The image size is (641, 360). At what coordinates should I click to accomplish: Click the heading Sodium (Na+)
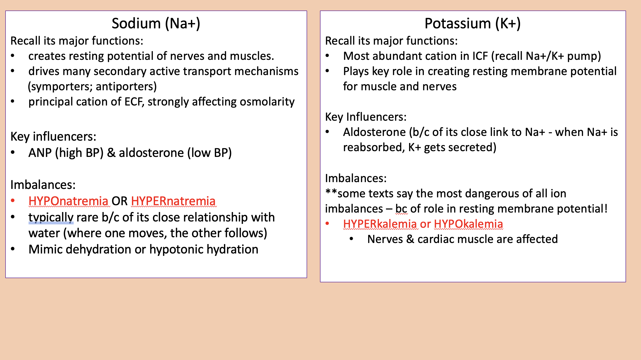[156, 23]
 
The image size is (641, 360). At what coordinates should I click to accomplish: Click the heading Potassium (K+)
[472, 23]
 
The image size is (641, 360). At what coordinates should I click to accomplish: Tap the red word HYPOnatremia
[68, 201]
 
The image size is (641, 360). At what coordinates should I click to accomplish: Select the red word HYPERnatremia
[173, 201]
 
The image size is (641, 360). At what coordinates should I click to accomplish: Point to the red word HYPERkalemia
[380, 224]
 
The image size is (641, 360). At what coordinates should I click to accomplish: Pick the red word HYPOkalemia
[468, 224]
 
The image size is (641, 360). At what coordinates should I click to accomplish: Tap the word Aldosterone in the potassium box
[374, 132]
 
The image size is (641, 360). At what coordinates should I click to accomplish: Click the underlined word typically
[51, 218]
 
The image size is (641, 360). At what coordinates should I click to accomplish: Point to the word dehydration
[98, 250]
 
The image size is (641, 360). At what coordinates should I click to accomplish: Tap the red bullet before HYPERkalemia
[327, 224]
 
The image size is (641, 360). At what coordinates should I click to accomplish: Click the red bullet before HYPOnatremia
[13, 201]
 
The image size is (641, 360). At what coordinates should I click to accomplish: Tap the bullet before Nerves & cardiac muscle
[351, 239]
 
